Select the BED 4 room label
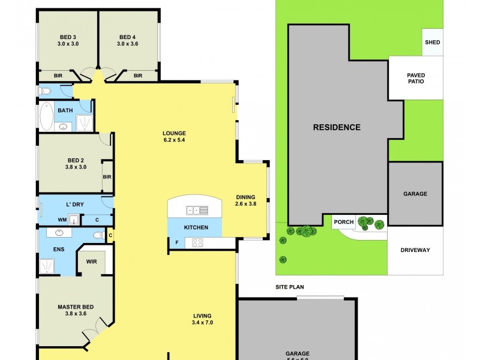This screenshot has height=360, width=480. (128, 40)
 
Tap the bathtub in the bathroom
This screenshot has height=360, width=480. (45, 116)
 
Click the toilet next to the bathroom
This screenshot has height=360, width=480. (46, 91)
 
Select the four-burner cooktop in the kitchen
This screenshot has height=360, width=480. (197, 243)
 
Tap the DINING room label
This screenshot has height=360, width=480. (245, 200)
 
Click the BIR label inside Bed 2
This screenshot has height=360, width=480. (107, 177)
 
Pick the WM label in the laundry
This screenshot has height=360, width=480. (62, 220)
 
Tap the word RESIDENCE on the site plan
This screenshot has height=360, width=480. (337, 127)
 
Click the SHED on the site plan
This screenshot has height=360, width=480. (432, 43)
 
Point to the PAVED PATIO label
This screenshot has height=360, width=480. (416, 78)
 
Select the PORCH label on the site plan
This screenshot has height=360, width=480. (343, 222)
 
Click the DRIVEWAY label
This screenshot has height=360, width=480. (415, 250)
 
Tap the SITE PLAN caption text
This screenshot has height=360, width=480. (289, 287)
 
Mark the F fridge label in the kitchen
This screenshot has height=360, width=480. (176, 243)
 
